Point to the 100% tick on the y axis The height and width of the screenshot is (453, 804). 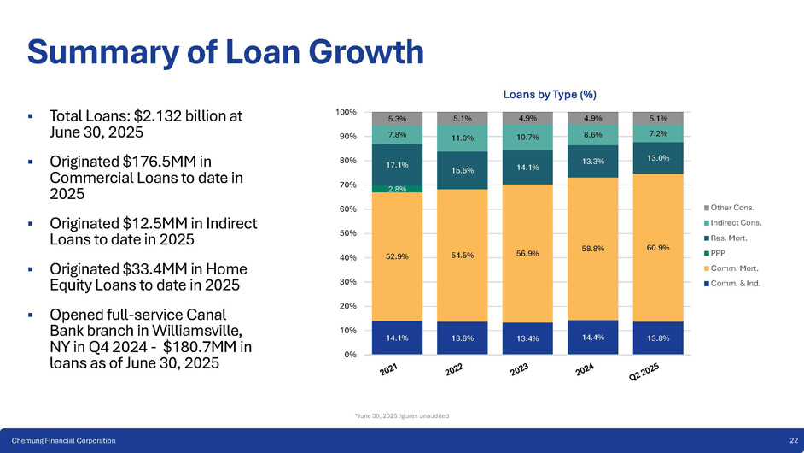point(346,112)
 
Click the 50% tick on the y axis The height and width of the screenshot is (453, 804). point(348,233)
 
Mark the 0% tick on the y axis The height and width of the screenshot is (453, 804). point(351,355)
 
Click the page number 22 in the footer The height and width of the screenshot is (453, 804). point(794,439)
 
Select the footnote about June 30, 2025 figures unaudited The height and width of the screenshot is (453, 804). point(401,415)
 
